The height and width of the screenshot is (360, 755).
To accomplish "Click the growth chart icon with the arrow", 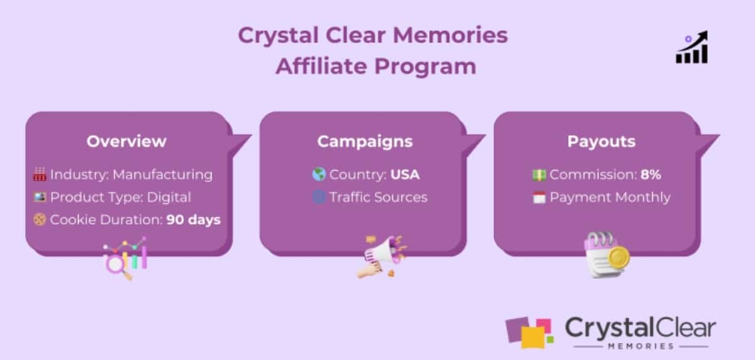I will pos(692,47).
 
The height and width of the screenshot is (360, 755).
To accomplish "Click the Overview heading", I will pos(126,141).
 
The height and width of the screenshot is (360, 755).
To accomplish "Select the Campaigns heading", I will pos(365,141).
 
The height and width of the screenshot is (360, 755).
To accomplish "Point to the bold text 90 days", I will pos(194,220).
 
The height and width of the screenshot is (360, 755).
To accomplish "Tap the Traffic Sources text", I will pos(378,198).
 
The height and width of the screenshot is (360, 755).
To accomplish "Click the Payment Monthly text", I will pos(610,198).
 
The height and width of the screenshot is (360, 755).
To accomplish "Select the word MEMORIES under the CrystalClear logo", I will pos(640,346).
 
